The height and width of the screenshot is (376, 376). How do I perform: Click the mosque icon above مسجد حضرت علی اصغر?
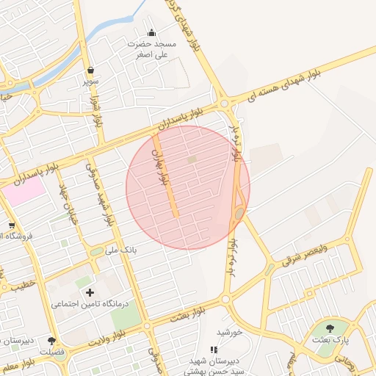point(152,32)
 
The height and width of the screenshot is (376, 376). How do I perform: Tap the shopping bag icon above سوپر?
point(90,70)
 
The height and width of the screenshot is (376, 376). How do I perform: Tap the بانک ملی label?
point(121,250)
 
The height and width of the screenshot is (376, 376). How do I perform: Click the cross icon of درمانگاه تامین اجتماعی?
point(90,292)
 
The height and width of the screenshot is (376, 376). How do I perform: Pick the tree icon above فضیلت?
point(52,341)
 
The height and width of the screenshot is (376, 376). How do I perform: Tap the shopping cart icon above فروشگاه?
point(11,225)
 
